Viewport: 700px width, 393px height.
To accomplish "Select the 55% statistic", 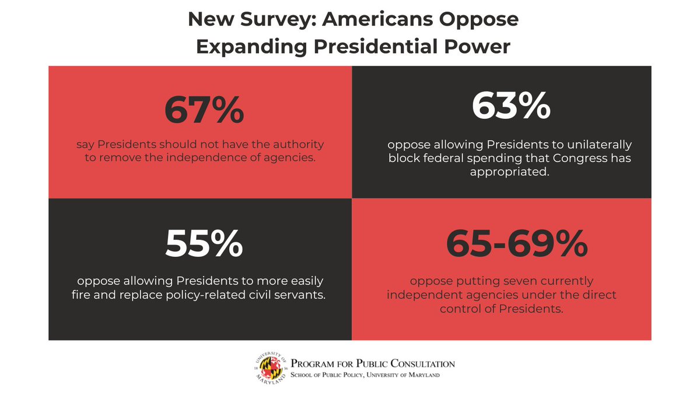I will tap(204, 243).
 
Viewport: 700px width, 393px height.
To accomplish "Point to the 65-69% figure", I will tap(516, 243).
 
